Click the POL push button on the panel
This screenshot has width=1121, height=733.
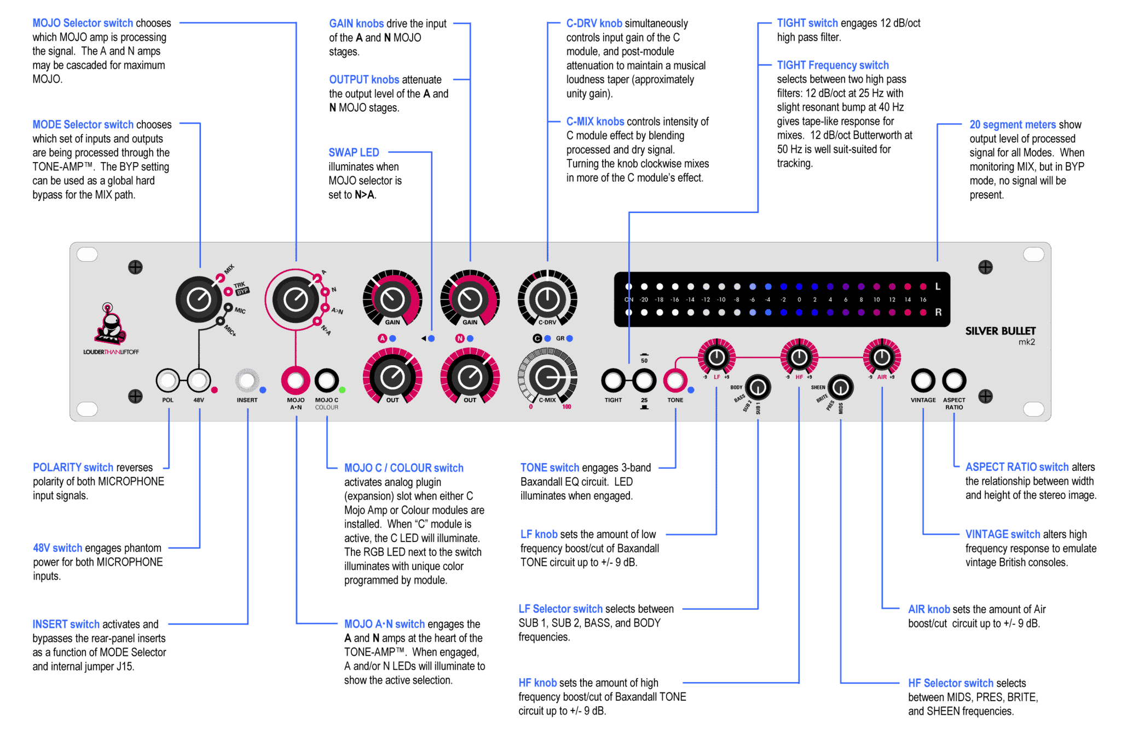coord(167,380)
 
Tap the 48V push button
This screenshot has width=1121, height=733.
coord(199,380)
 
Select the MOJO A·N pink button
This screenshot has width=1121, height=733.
coord(296,380)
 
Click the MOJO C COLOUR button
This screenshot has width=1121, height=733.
coord(327,380)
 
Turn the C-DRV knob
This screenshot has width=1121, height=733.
coord(547,299)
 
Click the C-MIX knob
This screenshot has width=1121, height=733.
coord(547,377)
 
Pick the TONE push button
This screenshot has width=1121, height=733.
coord(675,380)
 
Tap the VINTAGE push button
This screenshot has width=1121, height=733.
coord(923,380)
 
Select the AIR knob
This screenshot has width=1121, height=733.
coord(882,357)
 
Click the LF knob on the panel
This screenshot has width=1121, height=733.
coord(716,357)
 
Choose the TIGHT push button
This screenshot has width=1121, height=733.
coord(613,380)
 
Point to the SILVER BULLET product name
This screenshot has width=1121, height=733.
coord(1000,331)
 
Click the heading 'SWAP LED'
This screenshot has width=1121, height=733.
coord(354,153)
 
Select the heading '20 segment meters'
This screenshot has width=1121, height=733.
coord(1013,125)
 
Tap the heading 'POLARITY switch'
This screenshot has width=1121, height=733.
coord(73,467)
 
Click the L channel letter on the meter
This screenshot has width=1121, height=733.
coord(938,286)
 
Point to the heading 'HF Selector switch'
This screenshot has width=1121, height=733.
coord(951,683)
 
